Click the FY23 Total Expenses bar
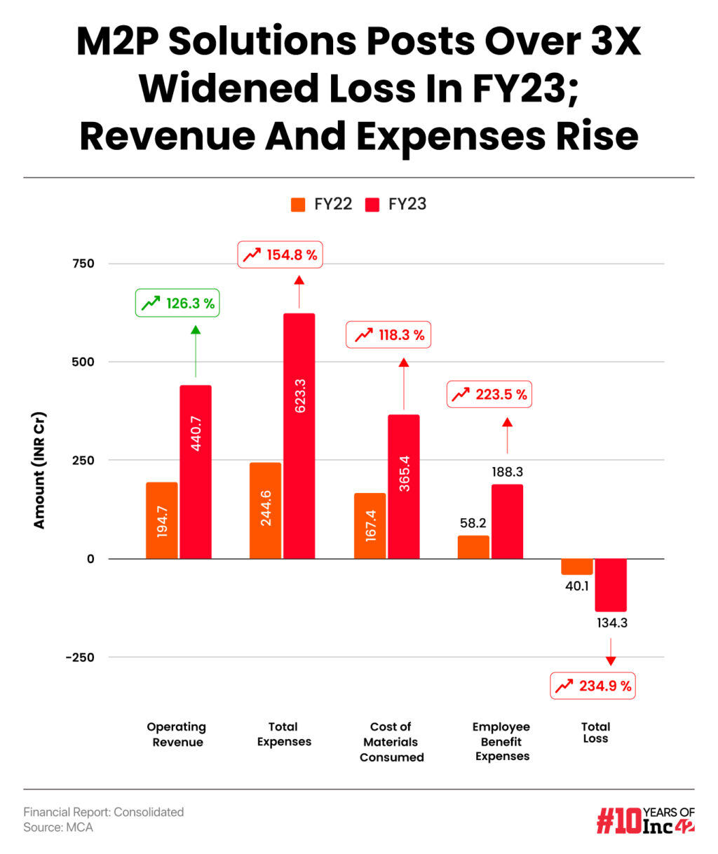299,435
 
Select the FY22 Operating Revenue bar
162,520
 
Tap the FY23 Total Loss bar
611,585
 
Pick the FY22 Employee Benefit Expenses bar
473,547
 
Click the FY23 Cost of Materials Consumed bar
404,487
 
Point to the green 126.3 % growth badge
177,304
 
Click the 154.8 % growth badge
280,255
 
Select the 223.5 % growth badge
489,395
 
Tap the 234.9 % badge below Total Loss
593,686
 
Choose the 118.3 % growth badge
389,335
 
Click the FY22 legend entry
322,205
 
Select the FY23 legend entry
396,205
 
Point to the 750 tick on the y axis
83,264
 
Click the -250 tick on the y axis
80,658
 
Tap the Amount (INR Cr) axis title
39,470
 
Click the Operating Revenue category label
177,734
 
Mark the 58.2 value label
473,523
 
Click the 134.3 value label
611,623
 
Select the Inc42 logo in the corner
645,820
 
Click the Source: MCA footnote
58,827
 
